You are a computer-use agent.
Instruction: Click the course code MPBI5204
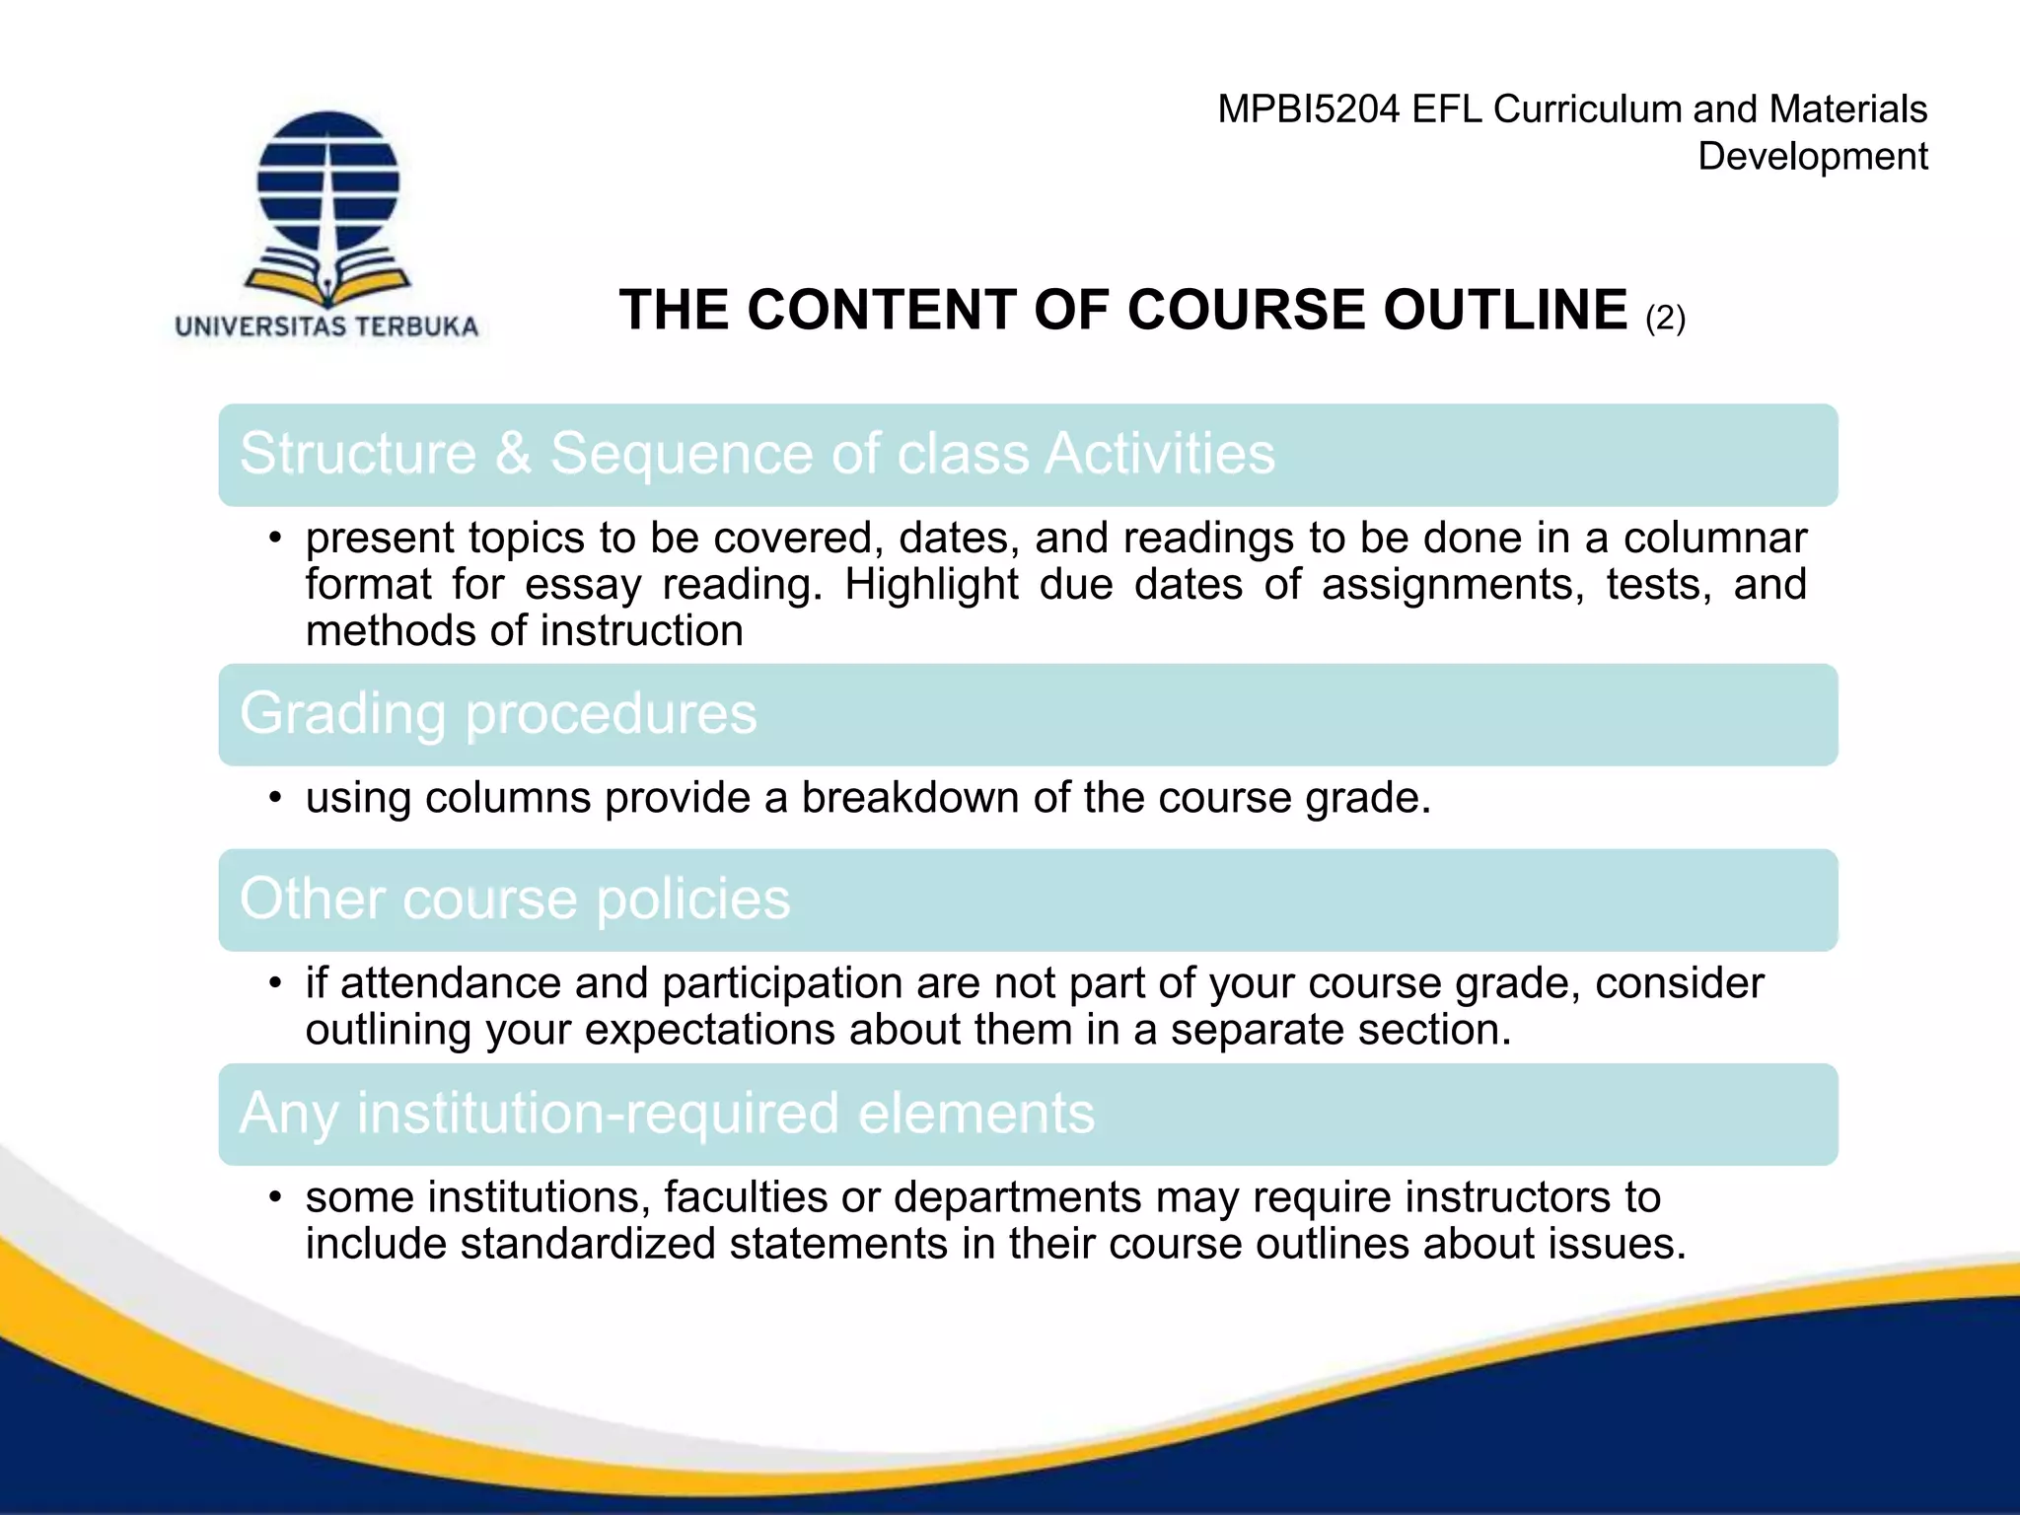click(1308, 109)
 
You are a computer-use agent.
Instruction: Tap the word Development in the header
click(1812, 157)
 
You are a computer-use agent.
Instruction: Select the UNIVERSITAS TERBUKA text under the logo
click(326, 326)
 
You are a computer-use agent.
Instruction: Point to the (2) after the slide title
click(1666, 318)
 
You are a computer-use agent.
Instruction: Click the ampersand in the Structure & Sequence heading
click(512, 454)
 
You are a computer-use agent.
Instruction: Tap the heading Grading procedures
click(498, 713)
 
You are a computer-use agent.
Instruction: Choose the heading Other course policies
click(515, 899)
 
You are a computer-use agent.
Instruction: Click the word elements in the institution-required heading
click(975, 1113)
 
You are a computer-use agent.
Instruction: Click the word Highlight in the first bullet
click(930, 585)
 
